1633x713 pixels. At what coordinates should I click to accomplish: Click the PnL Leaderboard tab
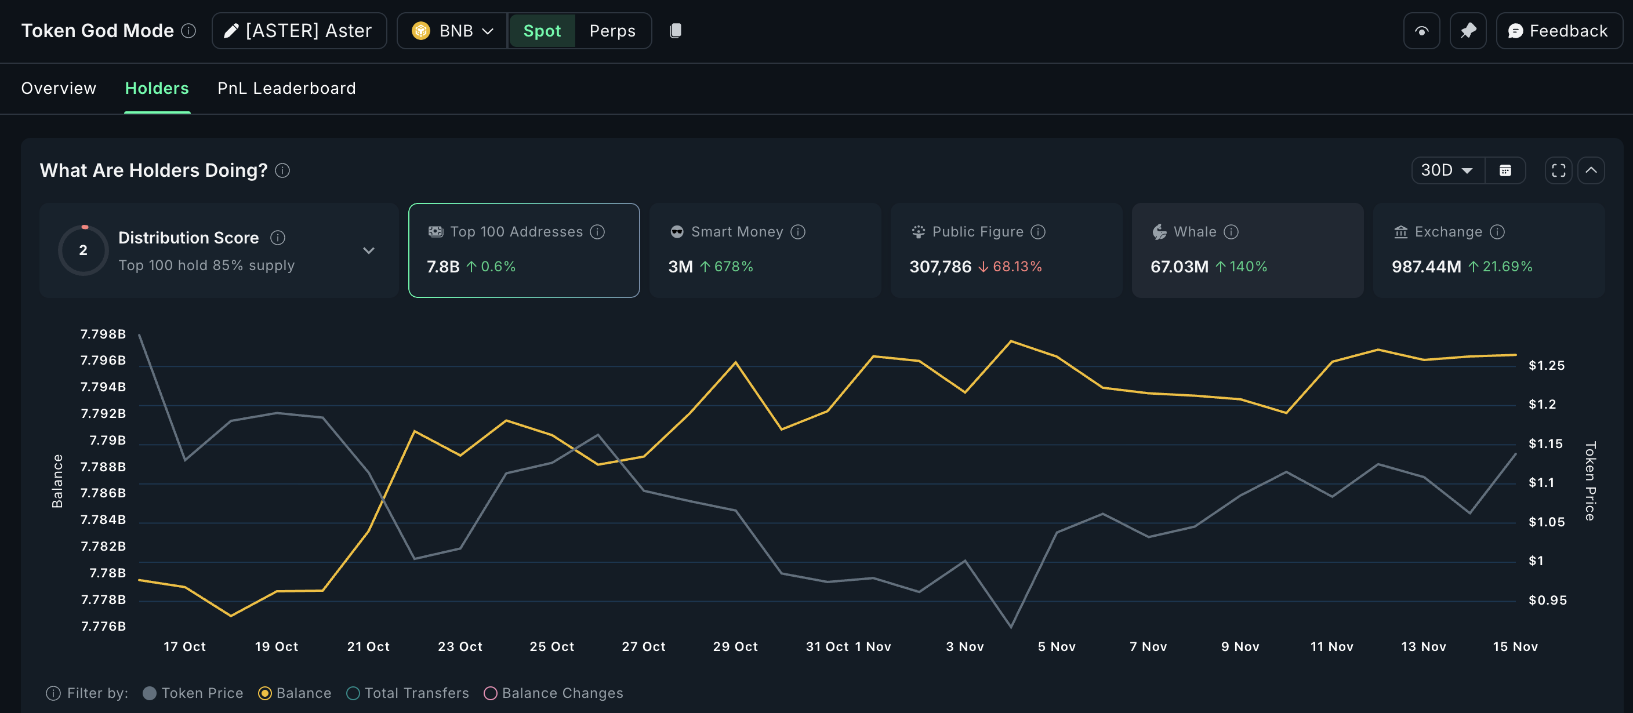pos(286,88)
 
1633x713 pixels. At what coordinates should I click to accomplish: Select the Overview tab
pos(59,88)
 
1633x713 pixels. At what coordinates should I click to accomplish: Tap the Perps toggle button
pos(612,30)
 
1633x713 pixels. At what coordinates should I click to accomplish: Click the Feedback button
pos(1559,30)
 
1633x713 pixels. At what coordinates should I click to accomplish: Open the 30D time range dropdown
pos(1447,170)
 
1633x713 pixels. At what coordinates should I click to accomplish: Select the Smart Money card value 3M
pos(680,267)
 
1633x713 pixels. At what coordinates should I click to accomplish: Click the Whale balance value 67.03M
pos(1179,267)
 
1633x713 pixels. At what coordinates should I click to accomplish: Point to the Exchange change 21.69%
pos(1507,267)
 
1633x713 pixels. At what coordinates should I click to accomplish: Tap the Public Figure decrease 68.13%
pos(1016,267)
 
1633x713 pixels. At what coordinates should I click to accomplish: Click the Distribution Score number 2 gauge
pos(83,250)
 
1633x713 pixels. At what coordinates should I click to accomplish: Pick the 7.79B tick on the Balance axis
pos(107,440)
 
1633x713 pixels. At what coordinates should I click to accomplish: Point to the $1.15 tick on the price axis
pos(1545,443)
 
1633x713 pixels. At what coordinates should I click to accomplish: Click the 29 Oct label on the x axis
pos(735,646)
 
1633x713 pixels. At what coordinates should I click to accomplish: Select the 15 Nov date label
pos(1515,646)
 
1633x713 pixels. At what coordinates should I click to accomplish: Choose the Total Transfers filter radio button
pos(353,693)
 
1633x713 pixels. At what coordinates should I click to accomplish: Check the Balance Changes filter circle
pos(490,693)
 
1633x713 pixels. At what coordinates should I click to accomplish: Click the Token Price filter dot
pos(150,693)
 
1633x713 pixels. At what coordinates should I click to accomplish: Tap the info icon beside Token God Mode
pos(188,30)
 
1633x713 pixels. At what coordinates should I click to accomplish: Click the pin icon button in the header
pos(1468,30)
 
